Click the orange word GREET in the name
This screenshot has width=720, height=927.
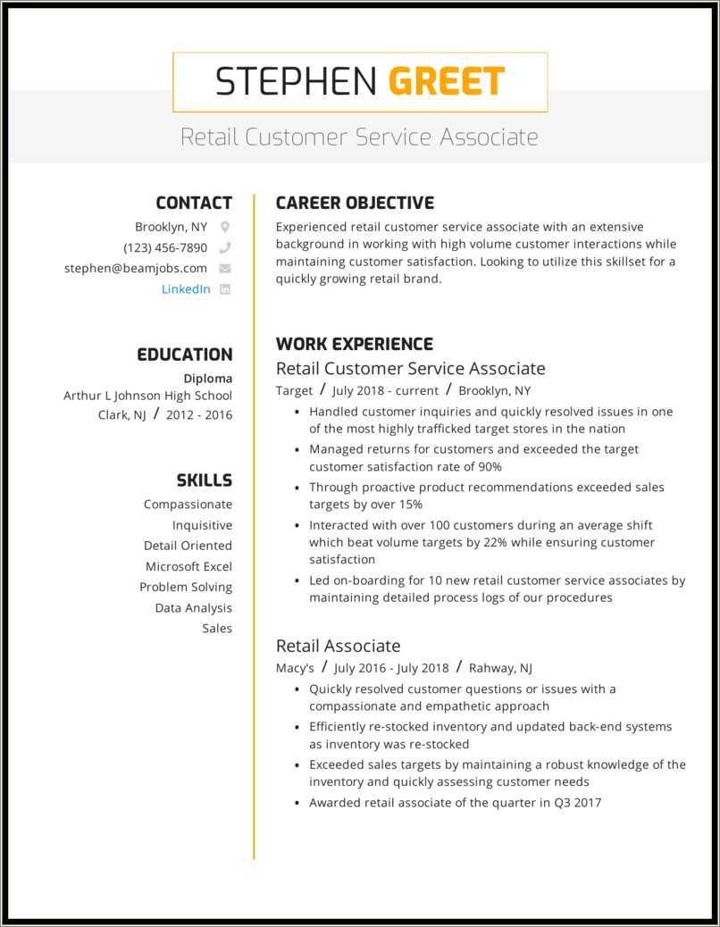tap(447, 82)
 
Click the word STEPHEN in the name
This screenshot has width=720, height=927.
tap(298, 82)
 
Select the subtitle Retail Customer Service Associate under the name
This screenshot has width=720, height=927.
tap(359, 138)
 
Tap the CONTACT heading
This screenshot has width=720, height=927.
tap(193, 203)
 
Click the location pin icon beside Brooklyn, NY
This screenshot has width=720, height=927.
tap(225, 227)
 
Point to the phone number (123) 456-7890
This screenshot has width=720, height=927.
tap(165, 247)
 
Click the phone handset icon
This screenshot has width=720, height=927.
tap(225, 247)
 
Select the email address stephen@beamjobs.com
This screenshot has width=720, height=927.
tap(136, 268)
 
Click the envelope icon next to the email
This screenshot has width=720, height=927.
tap(225, 268)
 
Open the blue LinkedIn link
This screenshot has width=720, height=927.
tap(186, 288)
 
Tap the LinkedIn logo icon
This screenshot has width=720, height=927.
tap(225, 288)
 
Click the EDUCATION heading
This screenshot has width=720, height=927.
tap(184, 355)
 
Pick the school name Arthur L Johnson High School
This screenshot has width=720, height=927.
tap(147, 395)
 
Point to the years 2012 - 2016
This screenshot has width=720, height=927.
tap(198, 414)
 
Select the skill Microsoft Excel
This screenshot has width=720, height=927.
tap(188, 566)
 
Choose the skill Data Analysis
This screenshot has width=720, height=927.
tap(193, 607)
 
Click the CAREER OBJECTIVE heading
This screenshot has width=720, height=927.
tap(355, 203)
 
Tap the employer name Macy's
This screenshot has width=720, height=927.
tap(295, 667)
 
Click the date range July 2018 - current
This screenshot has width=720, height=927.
tap(385, 390)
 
